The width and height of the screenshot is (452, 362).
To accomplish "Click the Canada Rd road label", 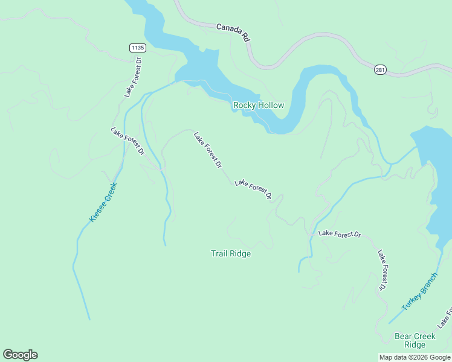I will click(x=233, y=33).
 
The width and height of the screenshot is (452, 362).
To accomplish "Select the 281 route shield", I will click(x=379, y=69).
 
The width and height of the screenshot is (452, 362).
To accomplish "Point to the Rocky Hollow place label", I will click(x=259, y=106).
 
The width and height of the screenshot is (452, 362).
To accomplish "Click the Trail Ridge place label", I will click(x=230, y=253).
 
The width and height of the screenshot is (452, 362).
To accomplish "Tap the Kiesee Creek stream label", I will click(x=102, y=202).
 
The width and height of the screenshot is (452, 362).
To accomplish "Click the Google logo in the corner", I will click(x=20, y=355).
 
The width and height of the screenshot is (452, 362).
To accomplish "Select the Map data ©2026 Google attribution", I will click(x=415, y=357).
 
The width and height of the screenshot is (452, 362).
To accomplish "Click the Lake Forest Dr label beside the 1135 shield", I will click(x=132, y=77).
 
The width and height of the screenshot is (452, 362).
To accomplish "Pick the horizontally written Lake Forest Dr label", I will click(x=340, y=233).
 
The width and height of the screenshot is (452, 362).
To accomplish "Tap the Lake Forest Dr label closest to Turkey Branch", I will click(x=382, y=270).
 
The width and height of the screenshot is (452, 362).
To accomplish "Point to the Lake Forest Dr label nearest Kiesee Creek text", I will click(x=128, y=141).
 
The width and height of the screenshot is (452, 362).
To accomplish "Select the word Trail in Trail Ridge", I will click(x=219, y=253).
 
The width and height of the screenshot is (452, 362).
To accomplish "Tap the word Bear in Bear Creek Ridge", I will click(x=404, y=335).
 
